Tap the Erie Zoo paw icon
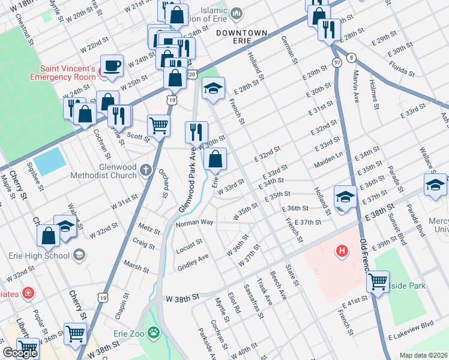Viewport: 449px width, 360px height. click(155, 331)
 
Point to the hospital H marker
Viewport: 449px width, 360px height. click(342, 250)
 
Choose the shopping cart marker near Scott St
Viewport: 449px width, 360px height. click(159, 126)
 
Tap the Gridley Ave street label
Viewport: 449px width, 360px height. click(193, 262)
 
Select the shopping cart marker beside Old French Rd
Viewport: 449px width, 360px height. click(378, 281)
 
